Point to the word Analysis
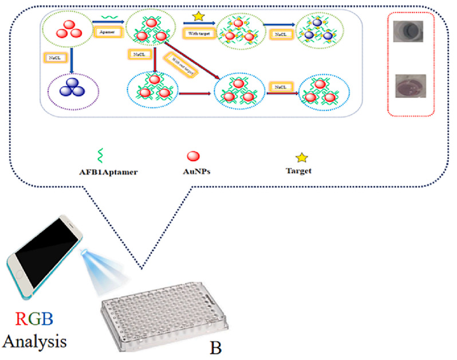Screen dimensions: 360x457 (x=36, y=342)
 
